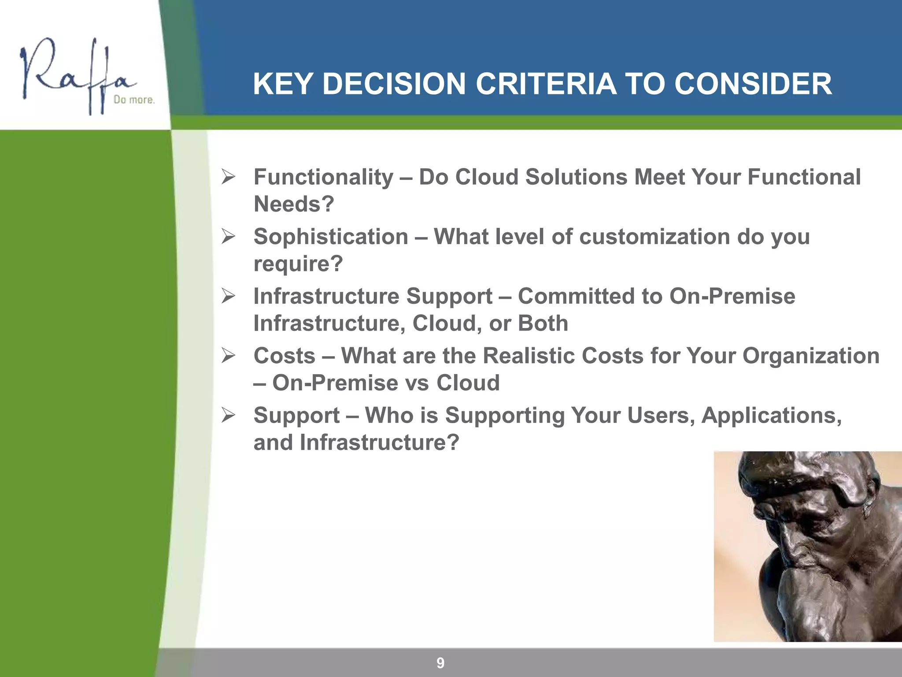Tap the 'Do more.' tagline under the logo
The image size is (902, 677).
(x=134, y=100)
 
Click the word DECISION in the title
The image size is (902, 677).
(x=394, y=84)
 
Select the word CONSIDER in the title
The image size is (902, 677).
(x=753, y=84)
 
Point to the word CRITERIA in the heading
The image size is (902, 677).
(x=546, y=84)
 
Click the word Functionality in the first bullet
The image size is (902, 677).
(x=323, y=178)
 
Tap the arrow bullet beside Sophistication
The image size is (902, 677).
(x=228, y=237)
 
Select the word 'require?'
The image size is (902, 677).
(x=298, y=264)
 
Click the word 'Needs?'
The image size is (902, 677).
(x=294, y=204)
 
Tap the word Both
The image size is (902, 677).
(x=543, y=324)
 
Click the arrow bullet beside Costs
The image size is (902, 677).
(x=228, y=355)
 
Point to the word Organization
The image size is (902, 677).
(x=811, y=356)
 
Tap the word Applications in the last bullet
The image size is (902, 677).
(x=771, y=416)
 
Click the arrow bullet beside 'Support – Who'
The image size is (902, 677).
(x=228, y=415)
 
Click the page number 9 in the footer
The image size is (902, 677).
(x=440, y=662)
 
